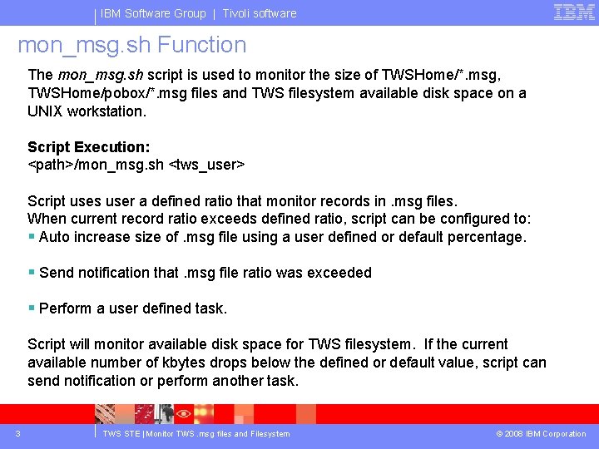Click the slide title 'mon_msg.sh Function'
(132, 45)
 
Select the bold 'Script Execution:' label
(89, 147)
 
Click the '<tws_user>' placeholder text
(206, 165)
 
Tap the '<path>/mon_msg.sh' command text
(96, 165)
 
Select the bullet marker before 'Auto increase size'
(32, 237)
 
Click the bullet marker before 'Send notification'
(32, 273)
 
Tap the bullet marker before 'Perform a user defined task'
(32, 308)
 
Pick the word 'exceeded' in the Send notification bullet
(341, 273)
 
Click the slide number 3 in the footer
(17, 433)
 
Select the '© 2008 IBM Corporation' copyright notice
(541, 433)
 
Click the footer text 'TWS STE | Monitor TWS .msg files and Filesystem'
(196, 433)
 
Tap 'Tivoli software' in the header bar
(260, 13)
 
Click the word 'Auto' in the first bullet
(55, 237)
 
